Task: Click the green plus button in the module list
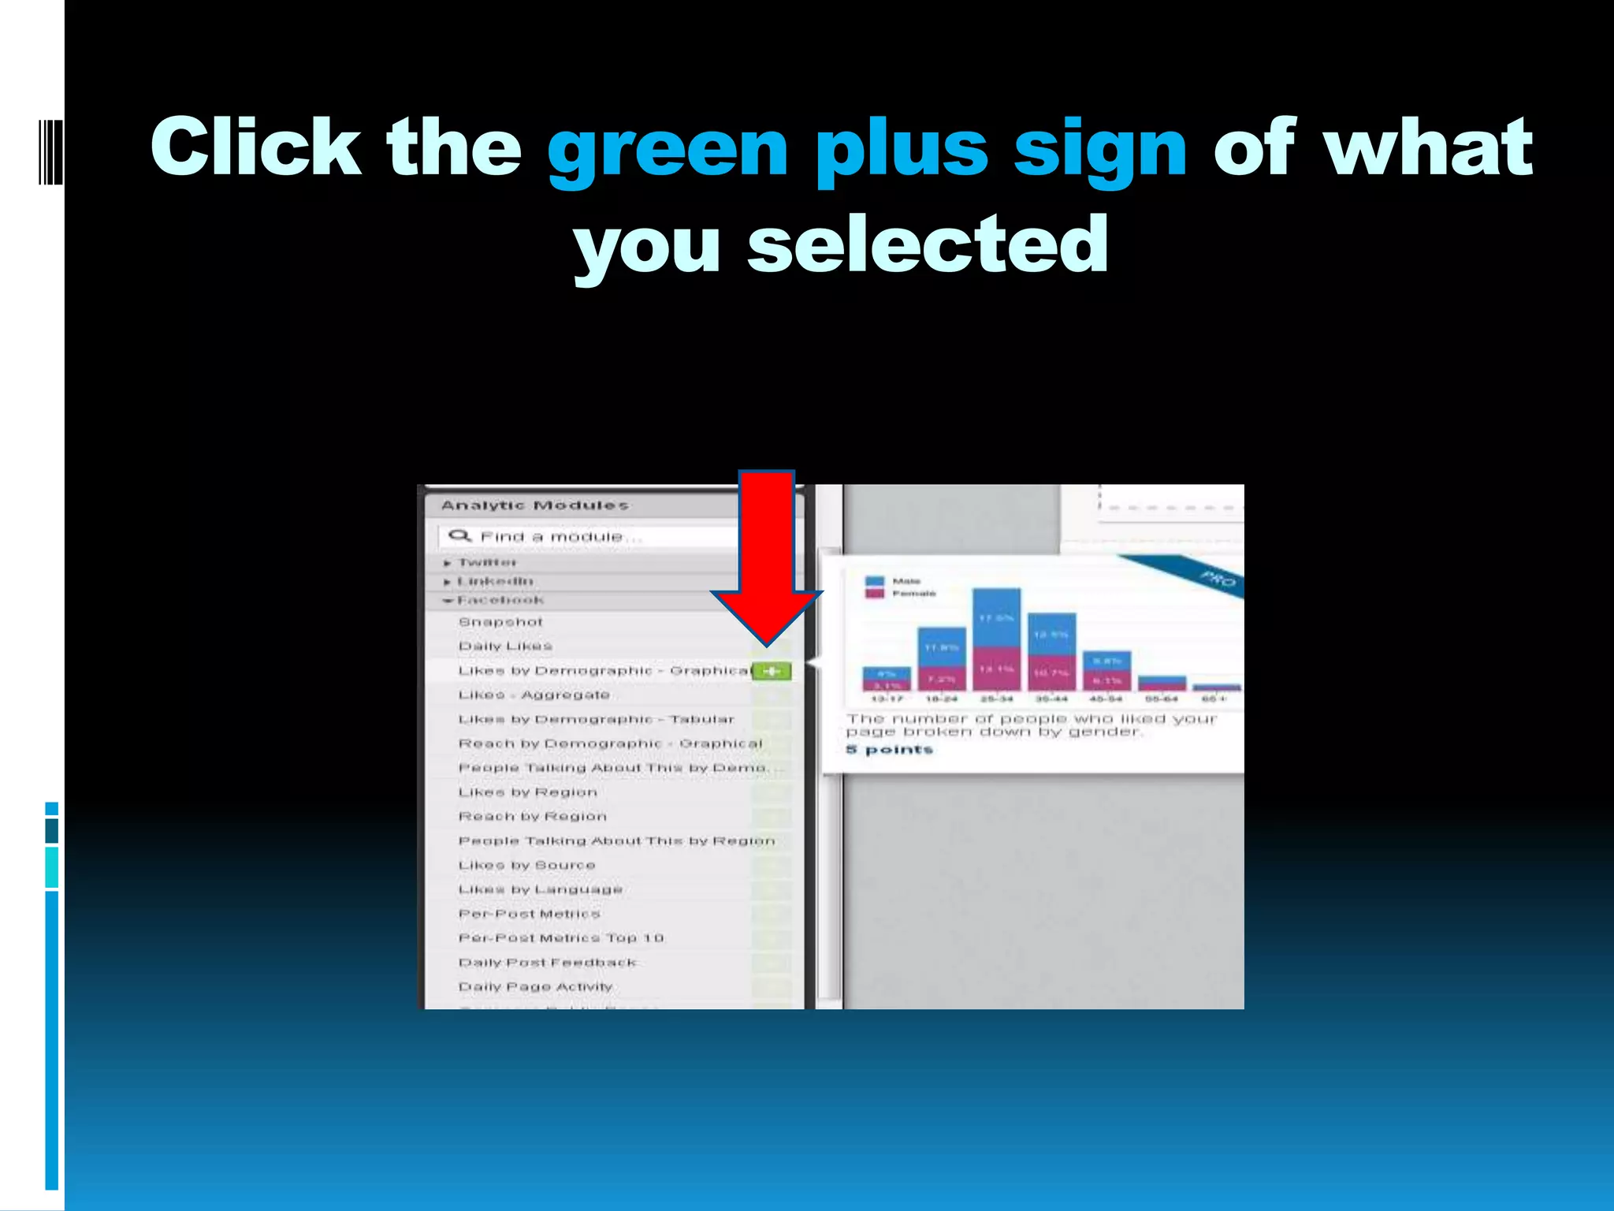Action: pyautogui.click(x=772, y=671)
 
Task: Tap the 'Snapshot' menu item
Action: pyautogui.click(x=500, y=622)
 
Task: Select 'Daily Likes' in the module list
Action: pyautogui.click(x=505, y=646)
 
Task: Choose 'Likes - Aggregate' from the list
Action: pyautogui.click(x=534, y=695)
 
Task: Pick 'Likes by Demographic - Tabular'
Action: pyautogui.click(x=596, y=719)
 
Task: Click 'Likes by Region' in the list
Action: pyautogui.click(x=527, y=792)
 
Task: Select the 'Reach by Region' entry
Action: pyautogui.click(x=532, y=816)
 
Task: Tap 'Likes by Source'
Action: pyautogui.click(x=526, y=865)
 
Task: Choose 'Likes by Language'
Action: pyautogui.click(x=540, y=889)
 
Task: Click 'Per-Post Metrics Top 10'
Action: pyautogui.click(x=560, y=938)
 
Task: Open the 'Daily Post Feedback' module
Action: pyautogui.click(x=547, y=963)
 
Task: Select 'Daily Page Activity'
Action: pyautogui.click(x=535, y=987)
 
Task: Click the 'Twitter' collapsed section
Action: pyautogui.click(x=486, y=562)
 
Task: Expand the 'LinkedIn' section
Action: pyautogui.click(x=494, y=581)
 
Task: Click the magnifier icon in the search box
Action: pyautogui.click(x=459, y=536)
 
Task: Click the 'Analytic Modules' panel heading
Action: pyautogui.click(x=534, y=505)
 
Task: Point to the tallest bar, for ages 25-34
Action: pyautogui.click(x=996, y=639)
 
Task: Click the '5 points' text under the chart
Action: pyautogui.click(x=889, y=749)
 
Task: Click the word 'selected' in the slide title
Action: pyautogui.click(x=928, y=244)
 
